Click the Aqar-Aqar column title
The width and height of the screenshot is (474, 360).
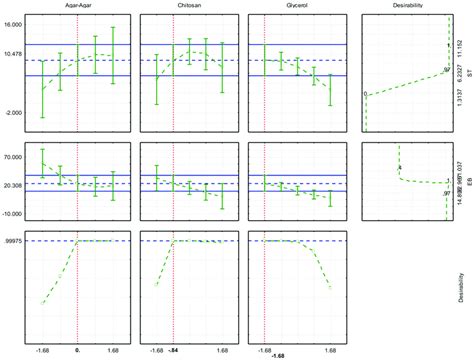tap(81, 7)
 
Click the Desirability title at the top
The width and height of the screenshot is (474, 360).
tap(408, 7)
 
